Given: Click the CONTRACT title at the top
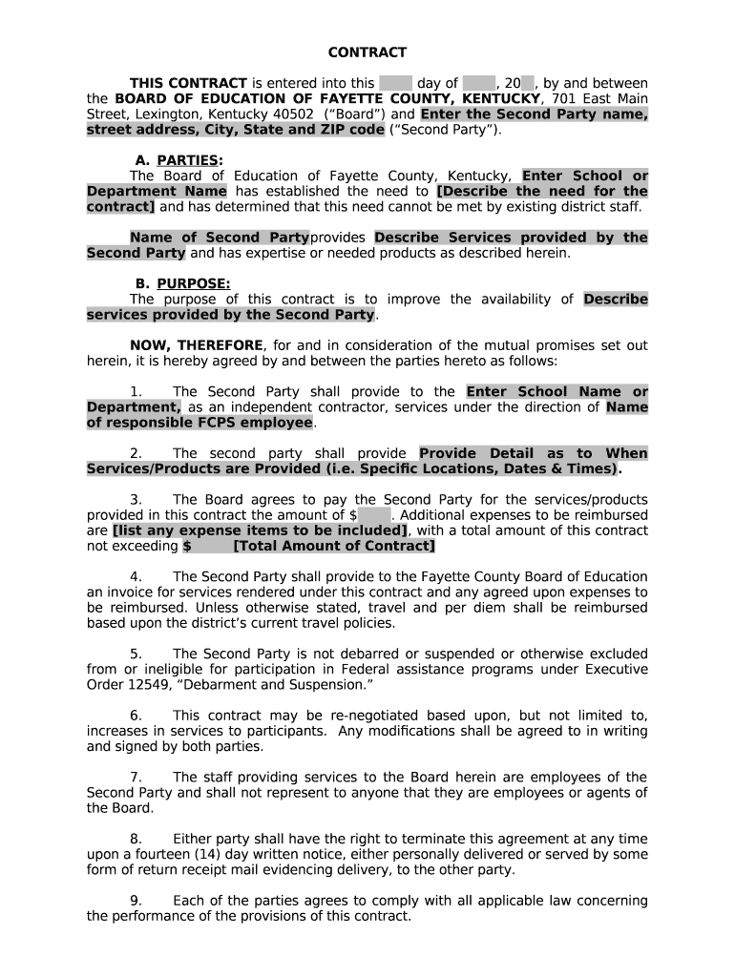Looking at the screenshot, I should coord(367,52).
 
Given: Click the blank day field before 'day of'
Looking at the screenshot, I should coord(395,83).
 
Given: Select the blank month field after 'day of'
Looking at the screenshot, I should coord(479,83).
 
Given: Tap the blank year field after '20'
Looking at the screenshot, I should coord(527,83).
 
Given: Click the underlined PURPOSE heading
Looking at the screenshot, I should coord(193,283).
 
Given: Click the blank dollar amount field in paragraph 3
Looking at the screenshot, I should coord(374,515).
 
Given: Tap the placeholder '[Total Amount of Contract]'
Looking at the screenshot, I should coord(333,546).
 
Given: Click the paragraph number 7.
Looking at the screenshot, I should coord(136,778).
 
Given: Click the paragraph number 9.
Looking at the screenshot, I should coord(136,901).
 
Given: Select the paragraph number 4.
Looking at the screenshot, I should coord(136,577).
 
